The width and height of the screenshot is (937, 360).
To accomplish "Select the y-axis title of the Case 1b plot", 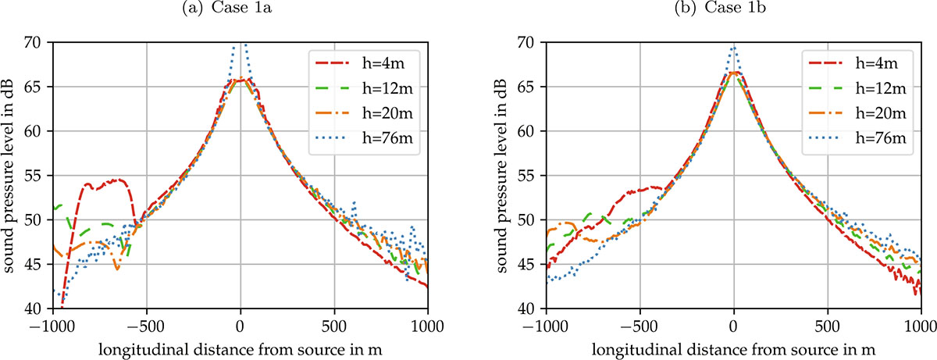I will [503, 176].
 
